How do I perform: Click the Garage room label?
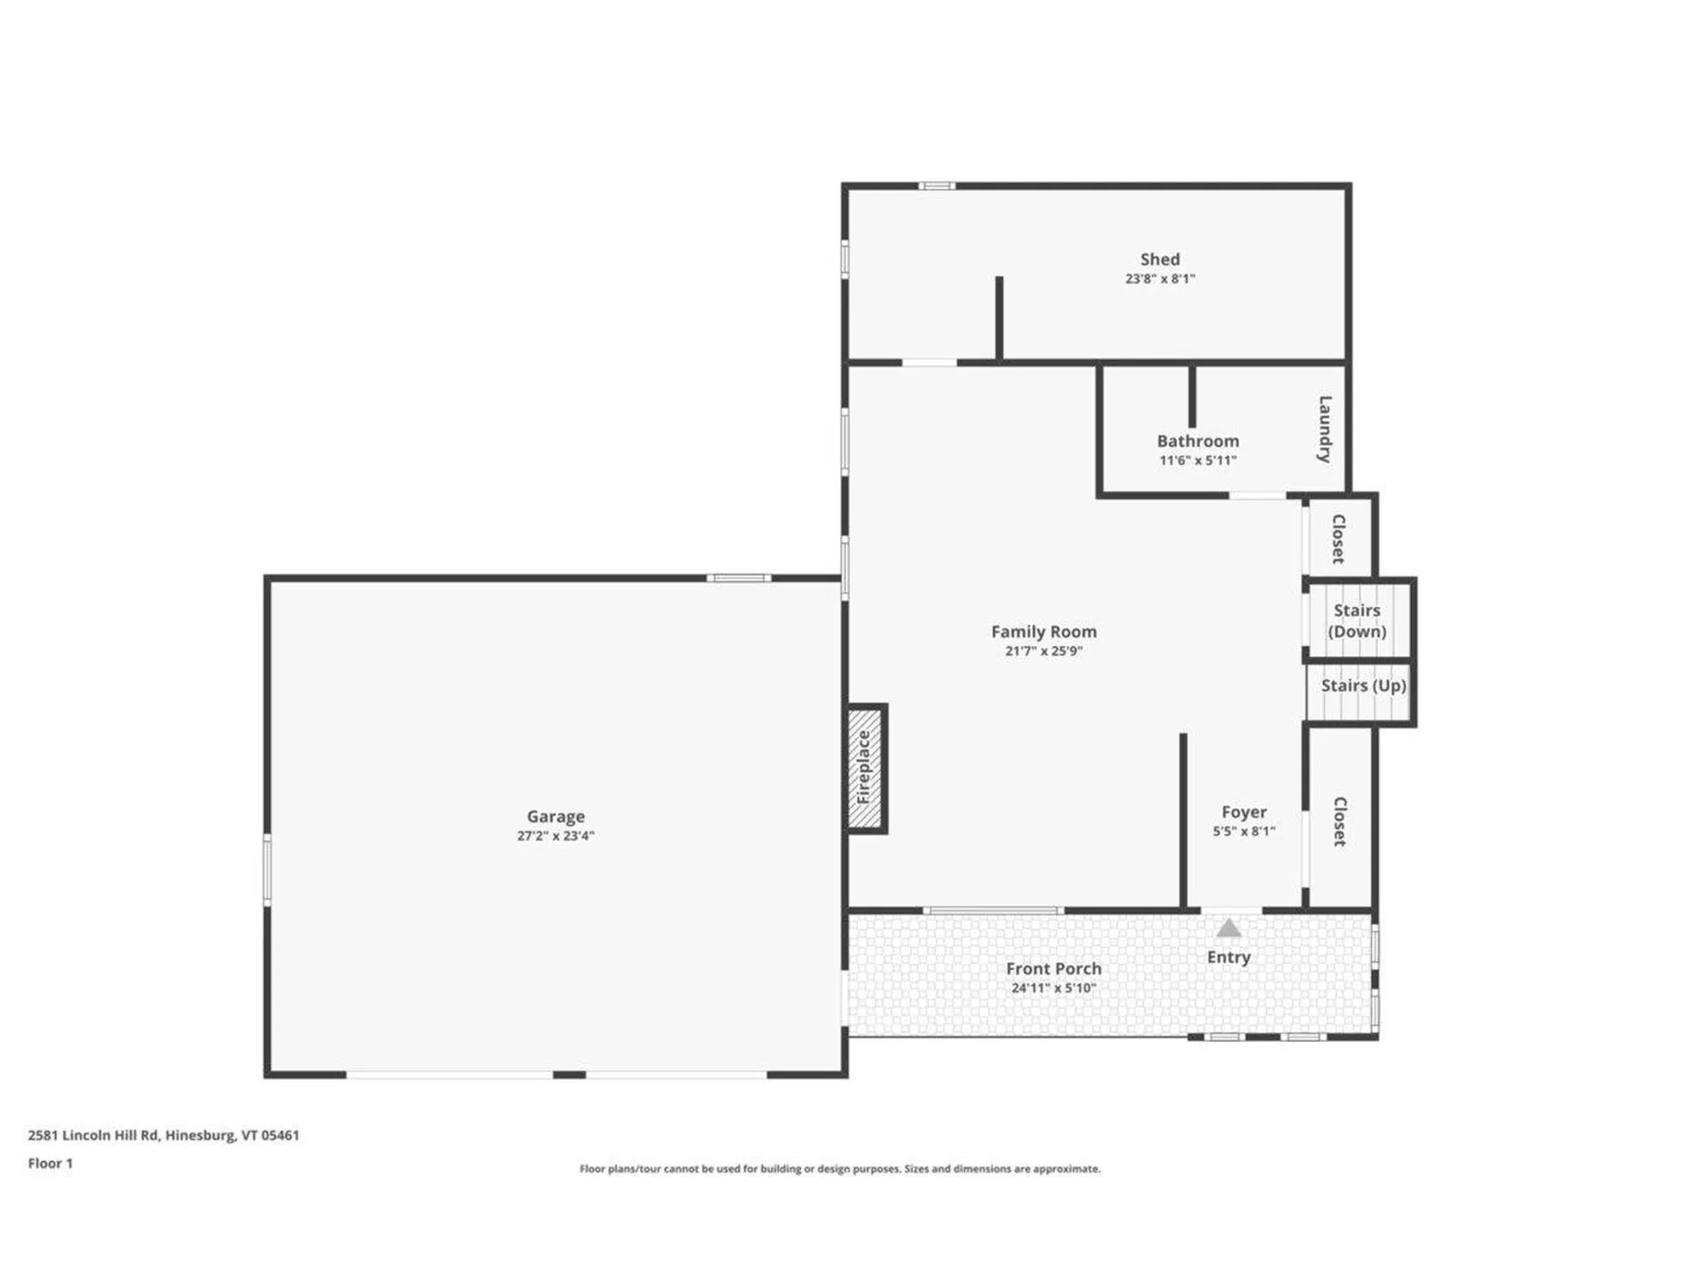(x=555, y=816)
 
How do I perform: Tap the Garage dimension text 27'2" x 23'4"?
(x=555, y=836)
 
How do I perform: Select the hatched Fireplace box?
(x=865, y=768)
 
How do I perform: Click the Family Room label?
(x=1044, y=631)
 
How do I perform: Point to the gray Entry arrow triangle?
(x=1228, y=929)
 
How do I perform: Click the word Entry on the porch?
(x=1228, y=957)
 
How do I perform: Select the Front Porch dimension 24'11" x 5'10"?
(x=1053, y=989)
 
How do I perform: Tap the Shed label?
(x=1159, y=259)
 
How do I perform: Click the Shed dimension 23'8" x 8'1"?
(x=1159, y=279)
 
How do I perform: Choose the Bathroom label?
(x=1198, y=441)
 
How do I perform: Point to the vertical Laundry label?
(x=1325, y=429)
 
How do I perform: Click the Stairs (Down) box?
(x=1357, y=621)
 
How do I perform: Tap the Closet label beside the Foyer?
(x=1340, y=821)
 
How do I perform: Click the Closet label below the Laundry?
(x=1338, y=539)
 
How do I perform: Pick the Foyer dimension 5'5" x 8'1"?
(x=1243, y=832)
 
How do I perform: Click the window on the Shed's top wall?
(x=936, y=186)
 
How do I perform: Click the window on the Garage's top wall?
(x=739, y=578)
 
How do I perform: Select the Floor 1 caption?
(x=50, y=1163)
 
